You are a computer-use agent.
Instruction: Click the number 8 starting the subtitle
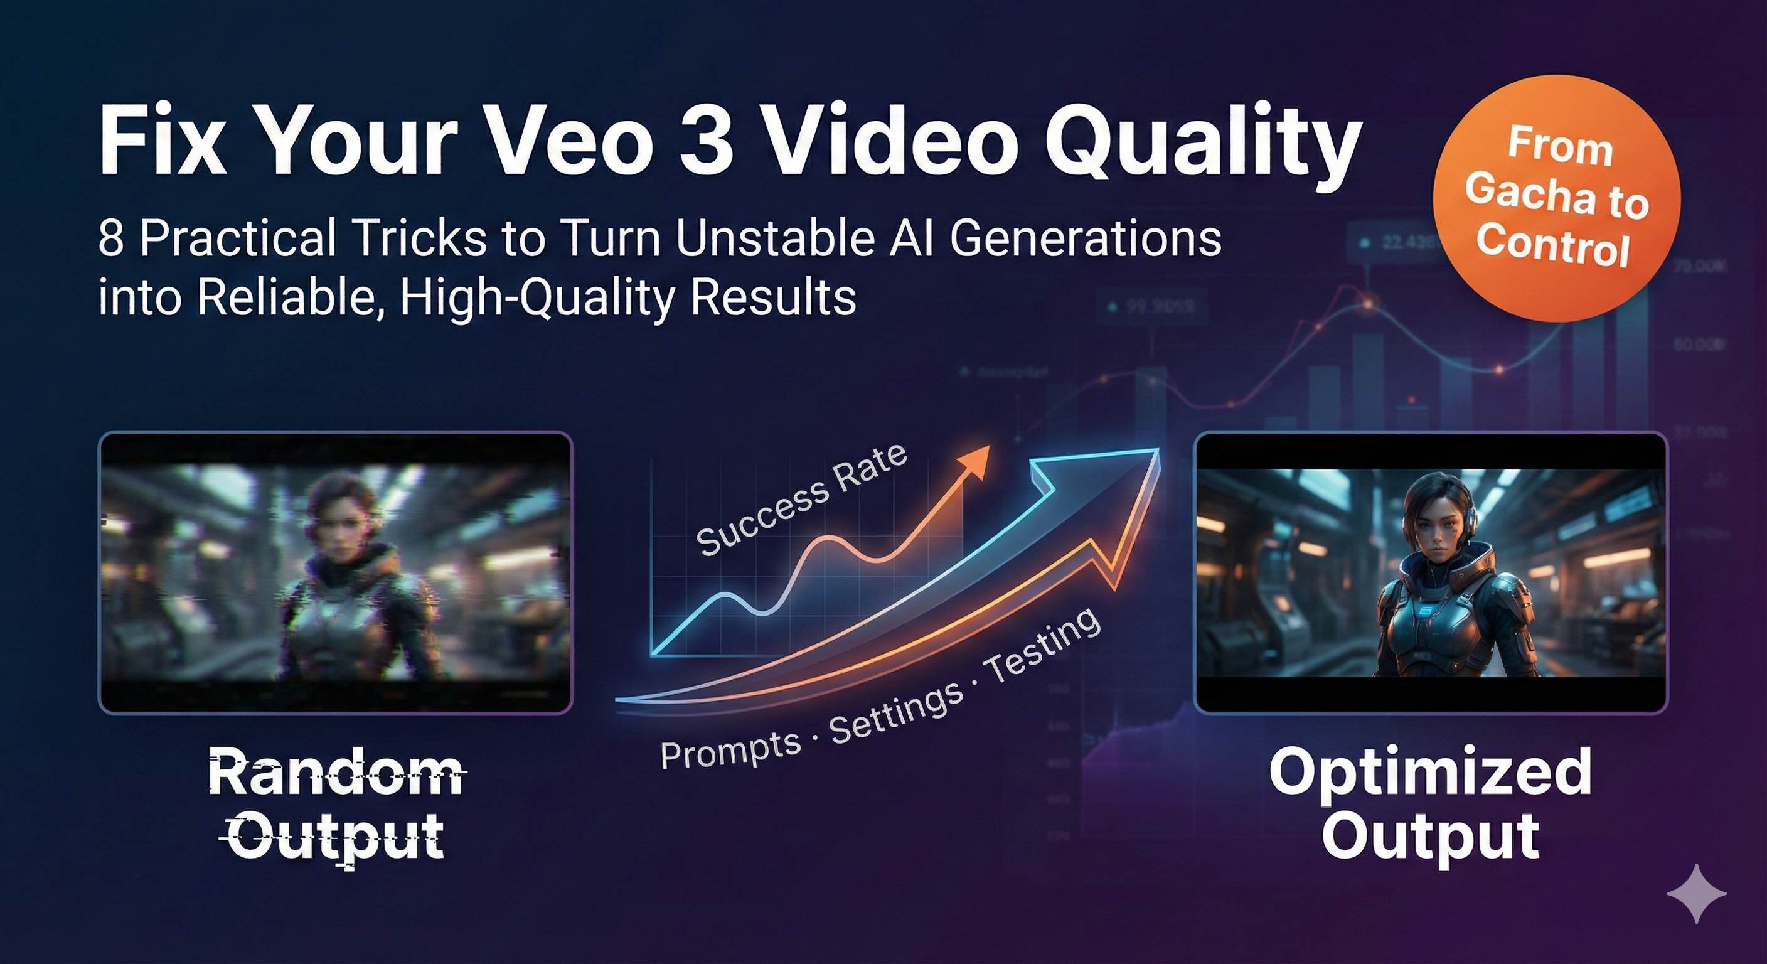point(110,238)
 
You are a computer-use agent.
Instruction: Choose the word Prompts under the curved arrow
point(730,749)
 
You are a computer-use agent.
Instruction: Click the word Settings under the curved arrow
point(896,714)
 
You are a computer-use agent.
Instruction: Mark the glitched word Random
point(336,773)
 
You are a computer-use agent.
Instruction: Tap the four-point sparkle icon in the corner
point(1695,893)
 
